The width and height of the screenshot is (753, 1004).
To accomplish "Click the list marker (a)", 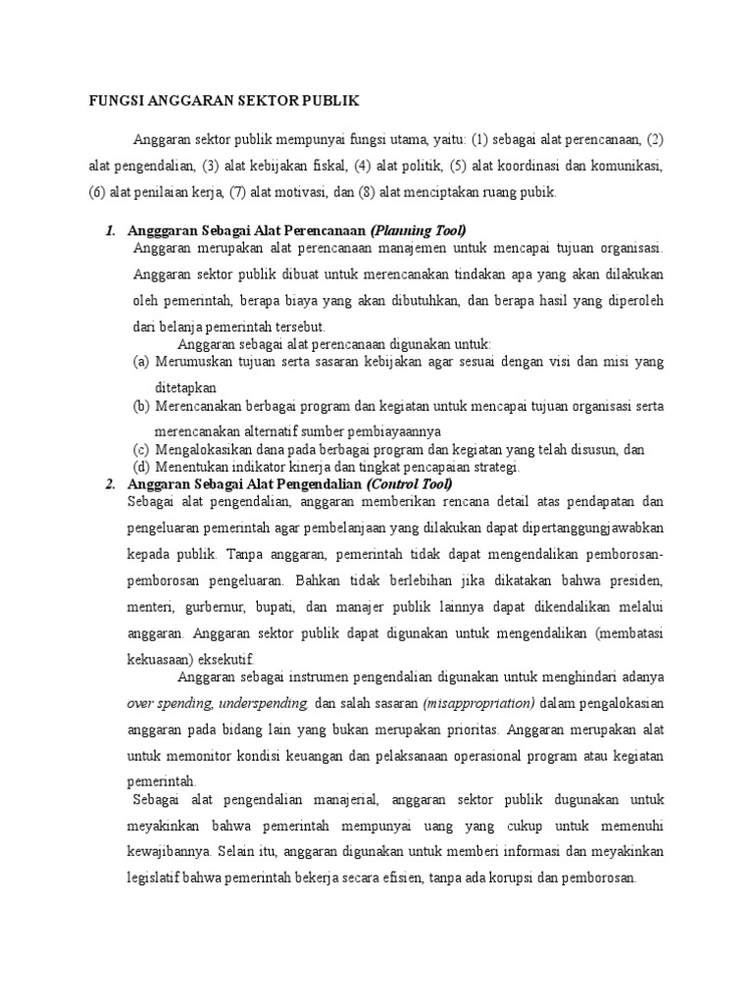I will tap(141, 362).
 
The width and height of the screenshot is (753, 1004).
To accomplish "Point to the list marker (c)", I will tap(141, 450).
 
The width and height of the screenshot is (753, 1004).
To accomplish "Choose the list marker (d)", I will tap(141, 467).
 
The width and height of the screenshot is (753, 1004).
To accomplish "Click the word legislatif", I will tap(154, 878).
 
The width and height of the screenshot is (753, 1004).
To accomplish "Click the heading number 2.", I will tap(110, 484).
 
